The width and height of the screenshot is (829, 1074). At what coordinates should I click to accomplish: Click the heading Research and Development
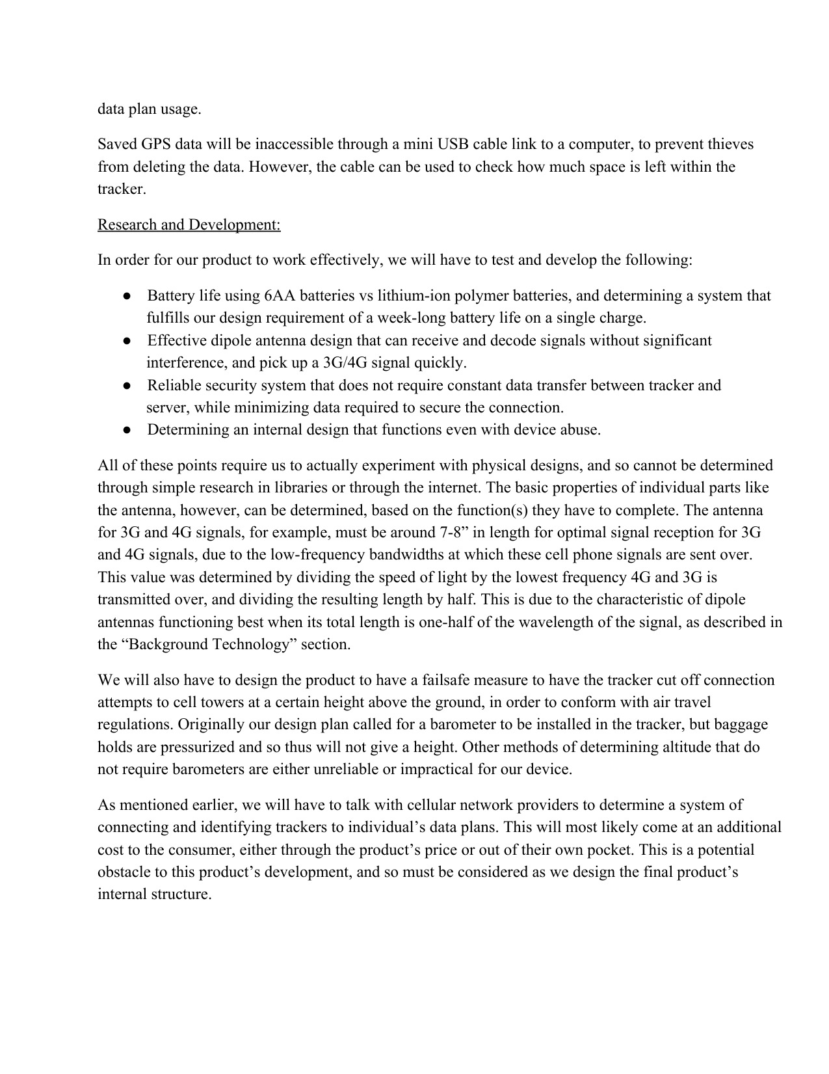189,224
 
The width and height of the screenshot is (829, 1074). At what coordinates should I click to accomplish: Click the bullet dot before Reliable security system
127,386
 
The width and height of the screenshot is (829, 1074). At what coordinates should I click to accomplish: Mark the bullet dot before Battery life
127,296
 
